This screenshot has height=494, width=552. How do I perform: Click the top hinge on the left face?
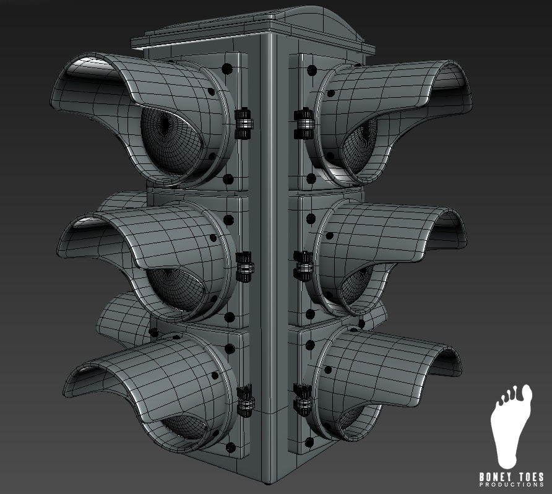click(244, 123)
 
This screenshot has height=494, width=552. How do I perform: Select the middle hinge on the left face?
click(245, 267)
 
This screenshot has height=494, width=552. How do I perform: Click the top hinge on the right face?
click(304, 123)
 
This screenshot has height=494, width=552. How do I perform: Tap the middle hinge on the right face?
click(304, 266)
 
